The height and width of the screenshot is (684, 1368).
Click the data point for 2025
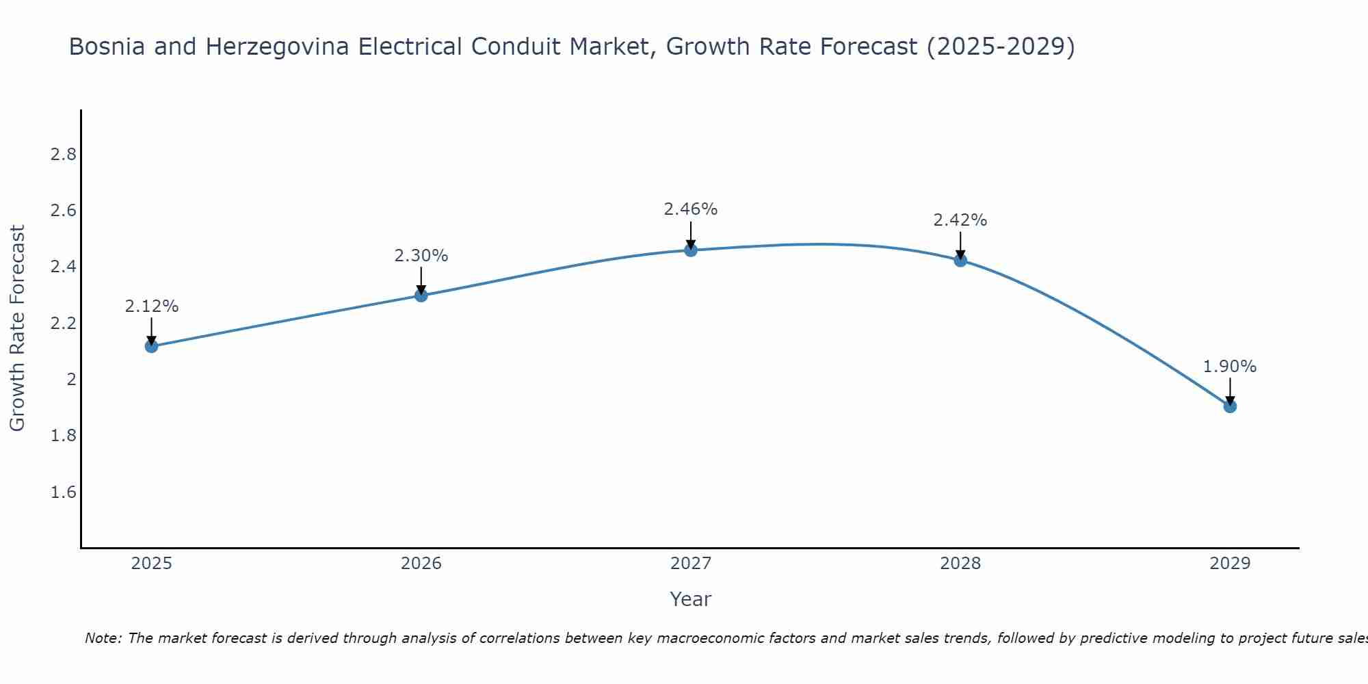[151, 346]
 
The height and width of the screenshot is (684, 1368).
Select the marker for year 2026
[421, 295]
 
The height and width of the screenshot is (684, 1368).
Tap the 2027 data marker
[690, 250]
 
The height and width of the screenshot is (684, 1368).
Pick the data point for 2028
[960, 261]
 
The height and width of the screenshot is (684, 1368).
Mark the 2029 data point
[1229, 406]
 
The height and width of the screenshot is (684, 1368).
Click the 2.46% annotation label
[690, 209]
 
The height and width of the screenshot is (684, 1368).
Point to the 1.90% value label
[1229, 367]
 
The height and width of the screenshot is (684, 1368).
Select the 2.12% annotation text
[151, 306]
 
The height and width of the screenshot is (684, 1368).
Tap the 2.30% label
[421, 256]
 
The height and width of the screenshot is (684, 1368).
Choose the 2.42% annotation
[960, 220]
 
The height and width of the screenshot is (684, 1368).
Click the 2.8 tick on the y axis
[63, 155]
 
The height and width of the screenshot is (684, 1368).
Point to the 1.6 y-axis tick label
[63, 492]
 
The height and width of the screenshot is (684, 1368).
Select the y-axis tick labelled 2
[70, 380]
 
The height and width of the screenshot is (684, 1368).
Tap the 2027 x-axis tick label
[690, 564]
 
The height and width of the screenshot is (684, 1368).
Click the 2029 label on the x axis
[1229, 564]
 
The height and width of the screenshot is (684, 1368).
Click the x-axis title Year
[690, 599]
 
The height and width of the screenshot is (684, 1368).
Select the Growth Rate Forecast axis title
[17, 328]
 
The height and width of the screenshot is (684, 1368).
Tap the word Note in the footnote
[102, 638]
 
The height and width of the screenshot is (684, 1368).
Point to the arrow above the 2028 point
[960, 245]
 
